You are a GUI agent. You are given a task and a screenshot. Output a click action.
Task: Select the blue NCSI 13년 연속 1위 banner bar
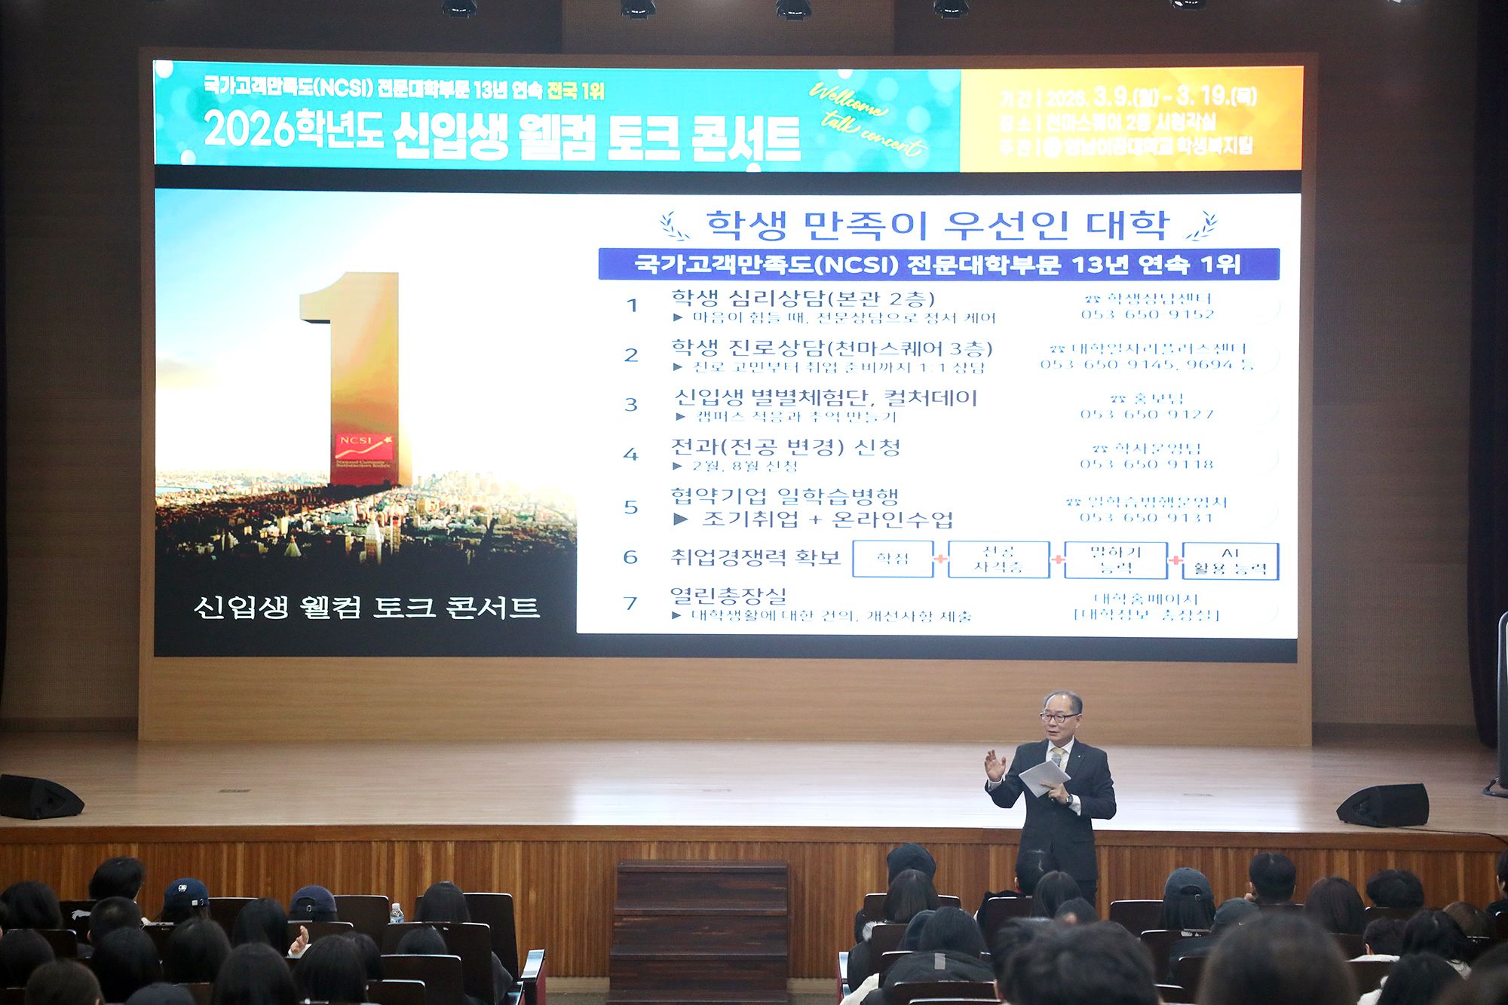938,265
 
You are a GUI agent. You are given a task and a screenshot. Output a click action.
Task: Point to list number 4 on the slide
630,455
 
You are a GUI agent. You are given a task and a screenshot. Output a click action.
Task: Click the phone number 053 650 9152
1147,314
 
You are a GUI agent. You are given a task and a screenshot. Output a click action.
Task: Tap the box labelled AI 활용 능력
1230,561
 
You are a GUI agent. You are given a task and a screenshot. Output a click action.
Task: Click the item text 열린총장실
728,596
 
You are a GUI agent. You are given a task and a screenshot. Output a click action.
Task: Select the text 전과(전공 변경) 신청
786,447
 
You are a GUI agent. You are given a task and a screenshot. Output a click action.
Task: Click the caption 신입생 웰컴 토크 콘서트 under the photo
366,608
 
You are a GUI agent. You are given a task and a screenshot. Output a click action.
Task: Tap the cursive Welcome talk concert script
867,121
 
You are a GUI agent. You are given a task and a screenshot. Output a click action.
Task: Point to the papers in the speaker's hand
1044,777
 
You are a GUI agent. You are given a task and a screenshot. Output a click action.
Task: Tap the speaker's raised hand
995,765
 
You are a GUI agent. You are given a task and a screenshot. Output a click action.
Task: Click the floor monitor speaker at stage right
1383,805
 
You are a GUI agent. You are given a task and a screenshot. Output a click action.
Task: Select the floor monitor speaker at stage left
39,798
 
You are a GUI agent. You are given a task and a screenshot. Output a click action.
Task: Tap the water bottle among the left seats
397,914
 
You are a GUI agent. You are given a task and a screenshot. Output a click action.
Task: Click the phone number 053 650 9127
1147,415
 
